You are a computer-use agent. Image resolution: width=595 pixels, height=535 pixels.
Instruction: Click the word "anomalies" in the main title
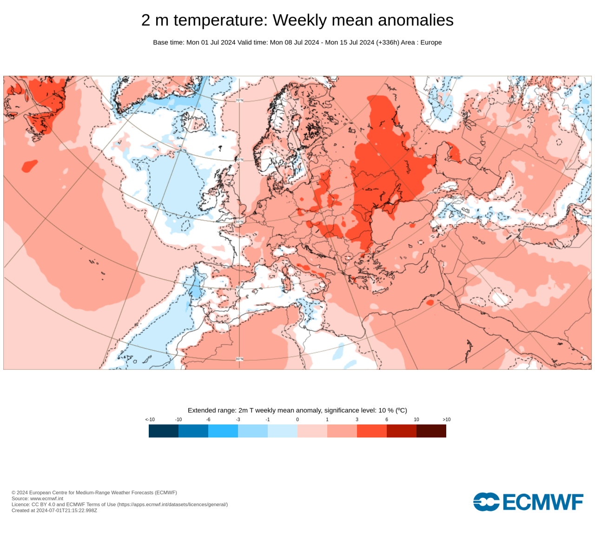pyautogui.click(x=416, y=20)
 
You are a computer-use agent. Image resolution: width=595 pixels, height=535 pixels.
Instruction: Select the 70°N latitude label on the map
pyautogui.click(x=239, y=100)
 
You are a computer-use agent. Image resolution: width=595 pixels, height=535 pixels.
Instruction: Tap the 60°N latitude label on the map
pyautogui.click(x=239, y=160)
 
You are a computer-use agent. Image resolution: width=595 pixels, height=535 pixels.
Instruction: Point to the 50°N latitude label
pyautogui.click(x=239, y=222)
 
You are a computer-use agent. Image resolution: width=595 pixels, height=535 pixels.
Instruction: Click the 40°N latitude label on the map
pyautogui.click(x=239, y=287)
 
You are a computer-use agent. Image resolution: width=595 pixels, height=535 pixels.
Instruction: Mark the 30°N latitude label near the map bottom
pyautogui.click(x=239, y=359)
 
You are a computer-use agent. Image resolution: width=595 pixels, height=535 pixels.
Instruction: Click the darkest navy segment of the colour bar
pyautogui.click(x=164, y=431)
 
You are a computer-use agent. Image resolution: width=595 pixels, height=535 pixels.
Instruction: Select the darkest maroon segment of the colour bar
pyautogui.click(x=431, y=431)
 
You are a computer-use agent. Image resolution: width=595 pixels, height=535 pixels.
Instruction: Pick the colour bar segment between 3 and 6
pyautogui.click(x=372, y=431)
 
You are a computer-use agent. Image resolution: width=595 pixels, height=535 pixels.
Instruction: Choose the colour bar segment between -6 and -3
pyautogui.click(x=223, y=431)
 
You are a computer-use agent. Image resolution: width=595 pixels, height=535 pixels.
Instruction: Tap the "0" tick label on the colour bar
pyautogui.click(x=297, y=419)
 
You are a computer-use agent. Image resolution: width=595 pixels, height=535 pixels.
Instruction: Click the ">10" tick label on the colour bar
pyautogui.click(x=446, y=419)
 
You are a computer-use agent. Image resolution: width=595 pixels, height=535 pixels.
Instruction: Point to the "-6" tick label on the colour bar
pyautogui.click(x=208, y=419)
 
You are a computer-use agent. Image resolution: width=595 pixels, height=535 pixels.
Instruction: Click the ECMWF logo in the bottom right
pyautogui.click(x=528, y=502)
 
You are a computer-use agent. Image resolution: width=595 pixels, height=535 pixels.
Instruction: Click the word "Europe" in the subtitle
pyautogui.click(x=431, y=42)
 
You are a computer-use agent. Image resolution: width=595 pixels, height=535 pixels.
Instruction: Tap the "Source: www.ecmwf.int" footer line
pyautogui.click(x=37, y=498)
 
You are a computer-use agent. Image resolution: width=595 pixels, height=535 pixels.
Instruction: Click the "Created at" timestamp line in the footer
pyautogui.click(x=54, y=510)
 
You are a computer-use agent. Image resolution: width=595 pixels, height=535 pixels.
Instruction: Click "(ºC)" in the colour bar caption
pyautogui.click(x=401, y=410)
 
